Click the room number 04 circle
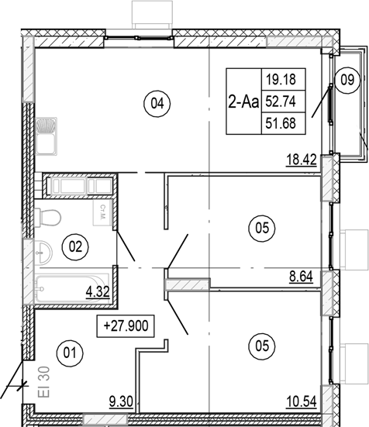158,102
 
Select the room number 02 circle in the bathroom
76,246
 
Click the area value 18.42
300,162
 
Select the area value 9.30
121,402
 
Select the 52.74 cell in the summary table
285,100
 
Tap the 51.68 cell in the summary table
285,122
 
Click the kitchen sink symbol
47,134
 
